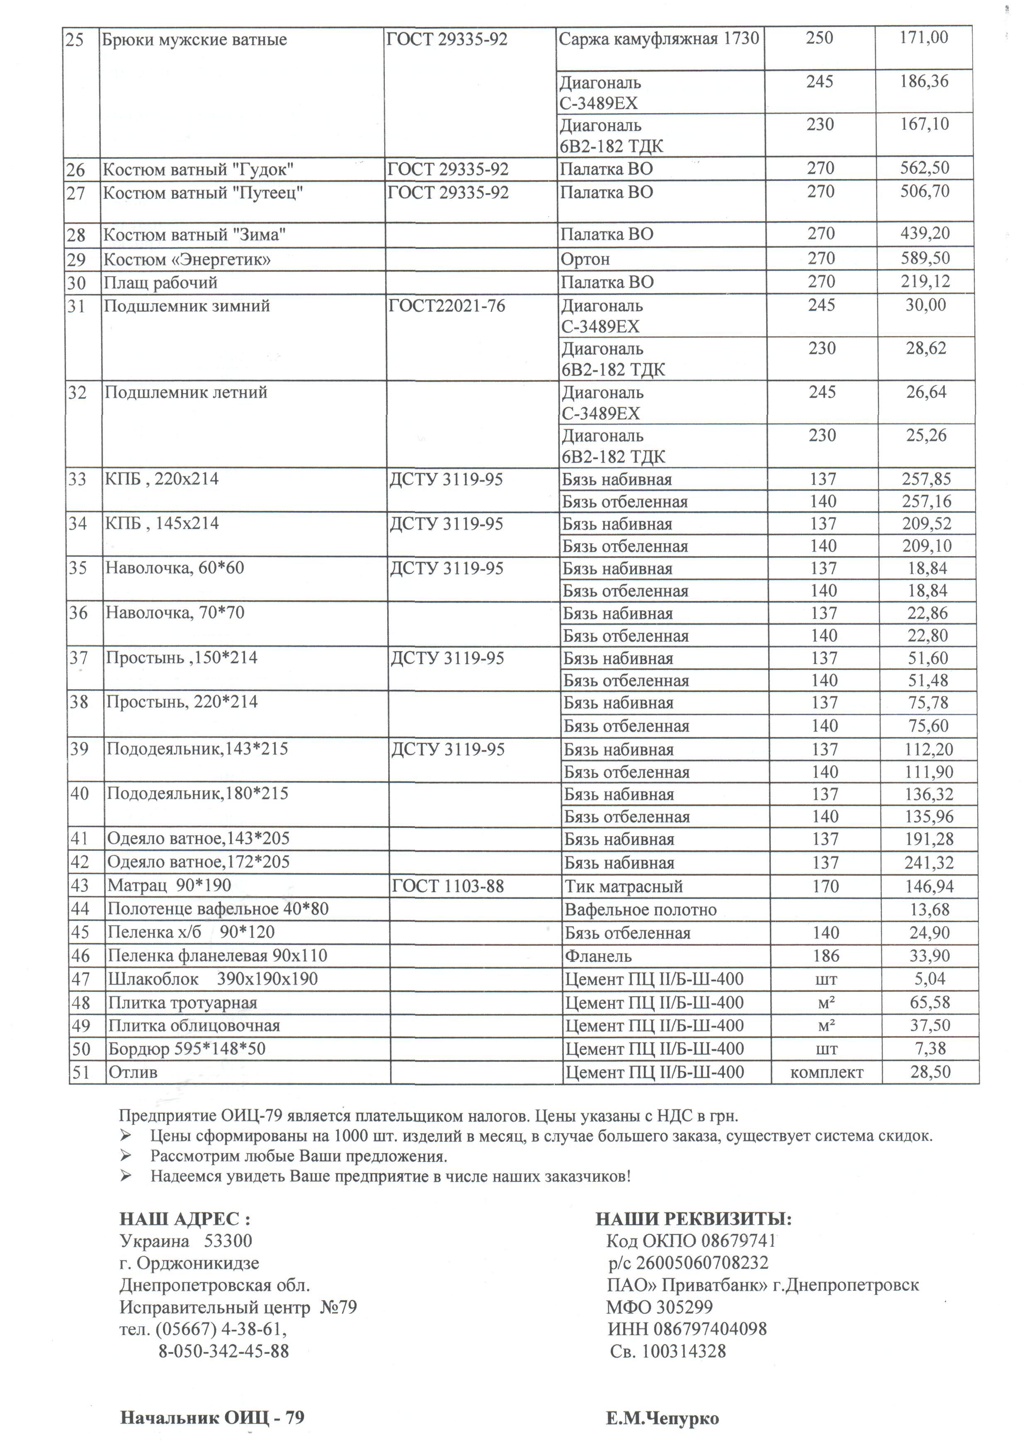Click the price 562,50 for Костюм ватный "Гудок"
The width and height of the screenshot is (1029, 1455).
(925, 168)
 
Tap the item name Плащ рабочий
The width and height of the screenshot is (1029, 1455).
(160, 282)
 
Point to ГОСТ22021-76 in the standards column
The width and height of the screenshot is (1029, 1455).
(447, 307)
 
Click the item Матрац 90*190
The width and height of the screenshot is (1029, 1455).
(169, 885)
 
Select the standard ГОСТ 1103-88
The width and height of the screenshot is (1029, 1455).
(447, 886)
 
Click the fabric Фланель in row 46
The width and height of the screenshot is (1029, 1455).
(598, 956)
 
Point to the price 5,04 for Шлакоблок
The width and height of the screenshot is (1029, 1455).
(929, 979)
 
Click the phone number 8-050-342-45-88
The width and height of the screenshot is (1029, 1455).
(223, 1352)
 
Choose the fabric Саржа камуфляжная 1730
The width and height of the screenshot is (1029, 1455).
(658, 39)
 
